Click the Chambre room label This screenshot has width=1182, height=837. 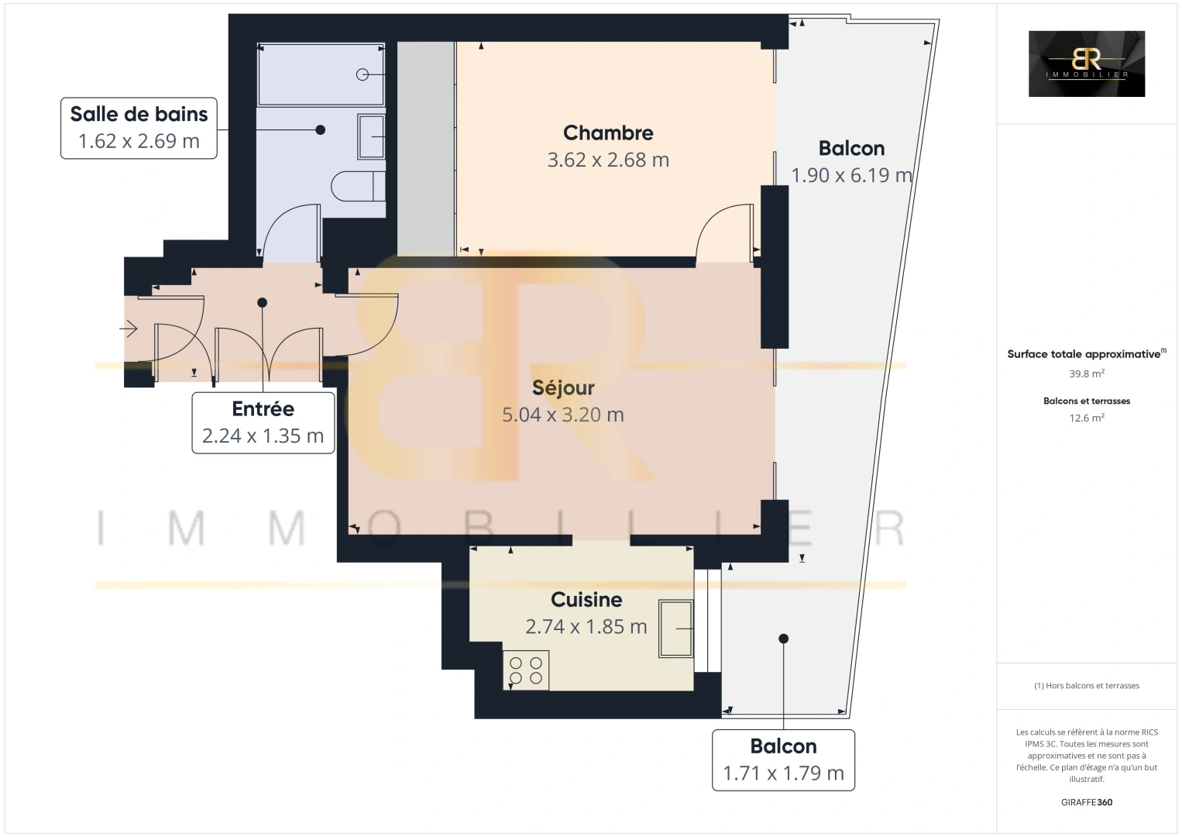click(x=608, y=133)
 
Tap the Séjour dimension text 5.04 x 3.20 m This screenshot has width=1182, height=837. click(x=563, y=415)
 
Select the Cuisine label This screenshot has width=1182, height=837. click(x=586, y=599)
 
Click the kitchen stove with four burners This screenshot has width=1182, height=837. click(x=526, y=670)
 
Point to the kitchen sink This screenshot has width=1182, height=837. click(x=675, y=629)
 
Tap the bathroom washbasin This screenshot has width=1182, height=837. click(x=372, y=136)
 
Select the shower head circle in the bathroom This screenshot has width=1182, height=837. click(x=363, y=74)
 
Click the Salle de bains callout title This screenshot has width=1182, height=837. click(x=139, y=114)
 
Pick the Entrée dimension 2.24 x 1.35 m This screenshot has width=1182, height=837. click(x=263, y=436)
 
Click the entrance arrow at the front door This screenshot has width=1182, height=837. click(x=129, y=329)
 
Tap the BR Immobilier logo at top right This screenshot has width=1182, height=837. click(x=1086, y=64)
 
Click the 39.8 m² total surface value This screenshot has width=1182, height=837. click(x=1086, y=373)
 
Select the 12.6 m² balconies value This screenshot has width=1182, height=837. click(x=1086, y=418)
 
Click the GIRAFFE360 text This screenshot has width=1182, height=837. click(x=1086, y=802)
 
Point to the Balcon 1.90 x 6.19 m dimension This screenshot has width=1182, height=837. click(x=851, y=176)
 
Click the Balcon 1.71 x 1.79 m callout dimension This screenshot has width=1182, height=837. click(x=783, y=773)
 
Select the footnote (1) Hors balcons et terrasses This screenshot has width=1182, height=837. click(x=1086, y=686)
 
